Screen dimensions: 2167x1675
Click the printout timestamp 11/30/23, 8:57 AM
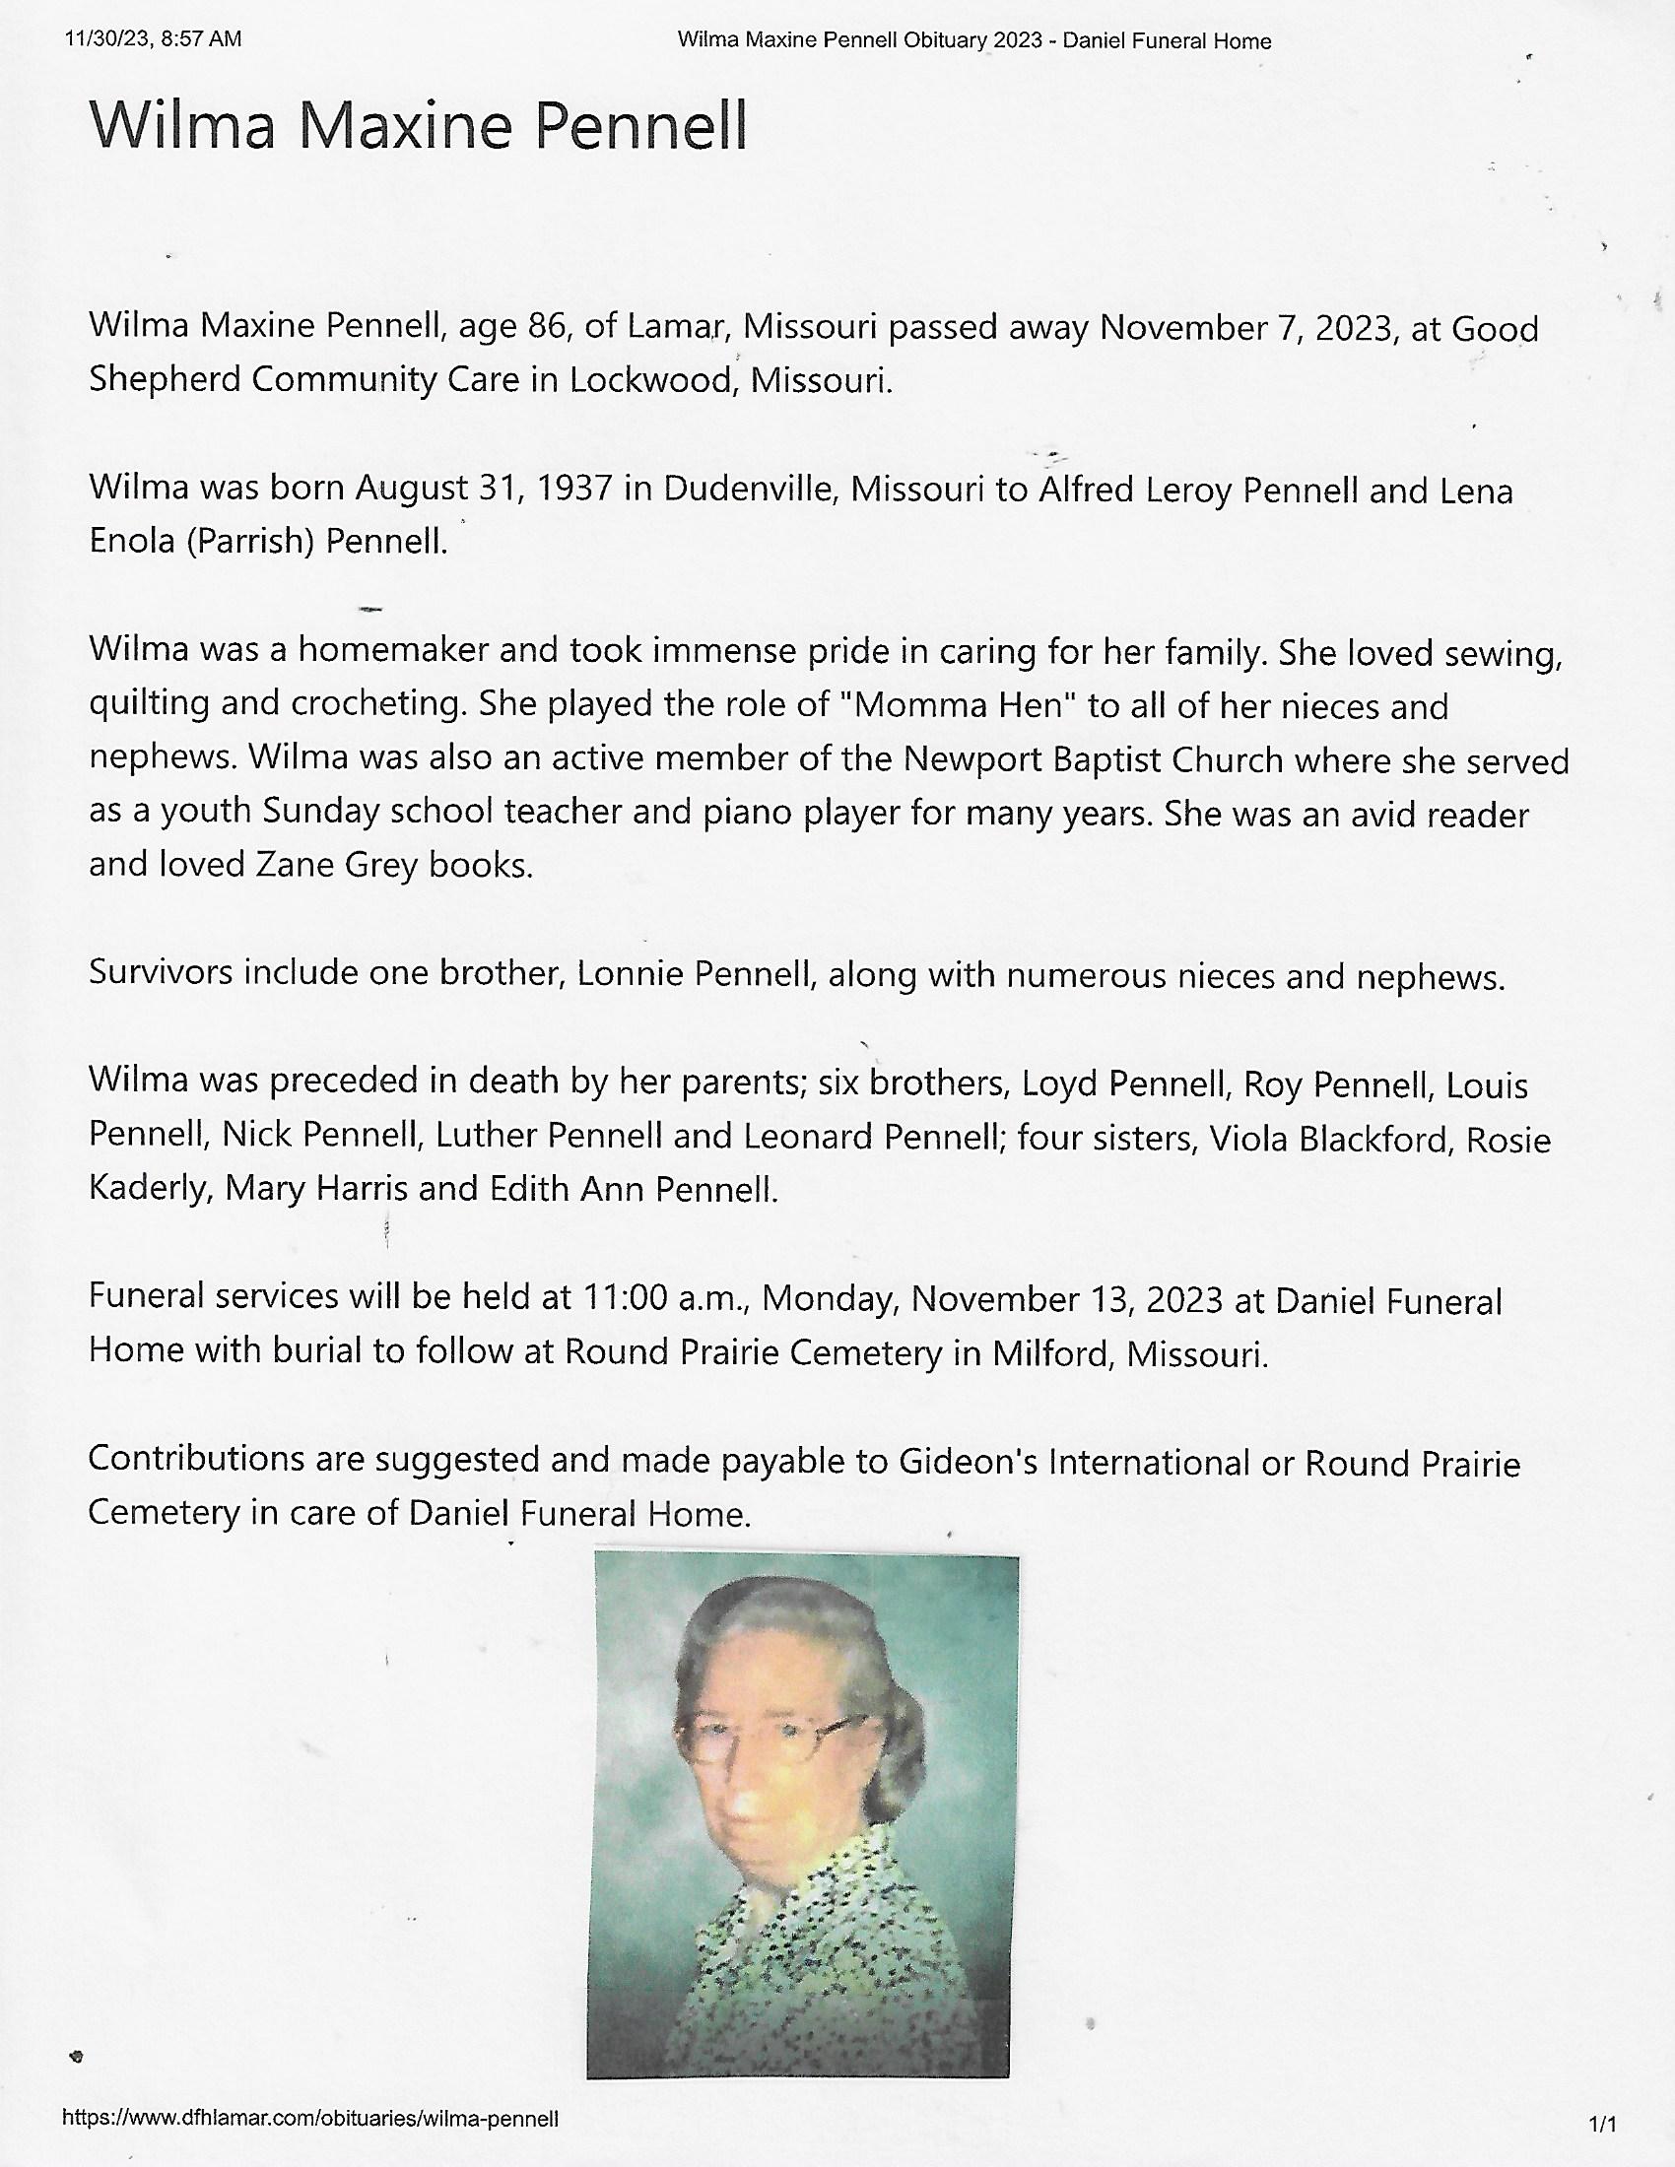153,39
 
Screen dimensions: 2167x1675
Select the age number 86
546,326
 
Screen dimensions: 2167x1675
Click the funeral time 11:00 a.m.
667,1298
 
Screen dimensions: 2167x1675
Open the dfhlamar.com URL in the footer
309,2119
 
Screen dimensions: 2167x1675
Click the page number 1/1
1602,2125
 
